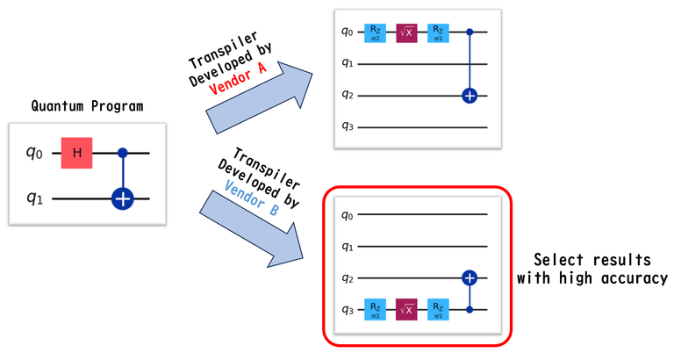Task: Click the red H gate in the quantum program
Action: click(x=77, y=153)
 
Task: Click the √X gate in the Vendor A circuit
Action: click(x=408, y=32)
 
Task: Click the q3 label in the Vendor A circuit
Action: click(x=348, y=127)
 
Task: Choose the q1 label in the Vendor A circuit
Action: click(x=348, y=64)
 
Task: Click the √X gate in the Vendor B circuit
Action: click(x=408, y=309)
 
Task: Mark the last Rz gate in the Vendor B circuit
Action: click(x=436, y=309)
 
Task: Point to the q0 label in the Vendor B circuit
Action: click(x=348, y=214)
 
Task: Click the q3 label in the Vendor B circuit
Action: click(x=348, y=309)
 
